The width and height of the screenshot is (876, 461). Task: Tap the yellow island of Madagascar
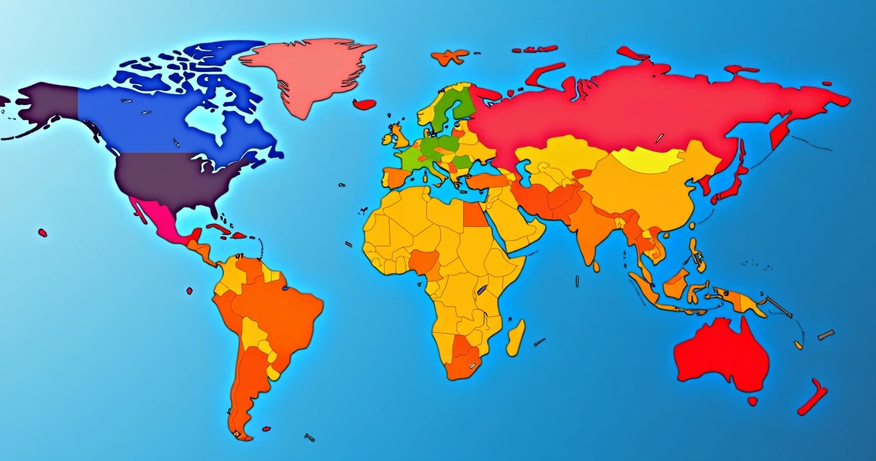tap(516, 337)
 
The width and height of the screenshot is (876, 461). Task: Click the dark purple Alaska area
tap(47, 104)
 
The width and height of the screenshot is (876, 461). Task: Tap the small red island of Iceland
tap(365, 104)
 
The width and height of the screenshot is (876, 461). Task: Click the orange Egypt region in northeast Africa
tap(473, 214)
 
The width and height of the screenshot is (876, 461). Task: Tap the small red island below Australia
tap(752, 401)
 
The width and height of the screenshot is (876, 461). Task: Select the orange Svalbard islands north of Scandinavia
tap(450, 55)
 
